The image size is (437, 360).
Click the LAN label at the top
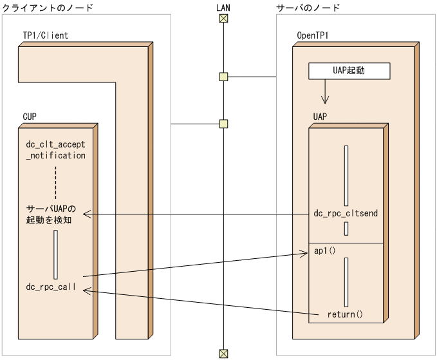[x=223, y=7]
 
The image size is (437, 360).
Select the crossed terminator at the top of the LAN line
[x=223, y=18]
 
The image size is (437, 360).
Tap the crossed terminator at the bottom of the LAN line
[x=223, y=353]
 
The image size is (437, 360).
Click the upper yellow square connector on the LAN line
[x=223, y=77]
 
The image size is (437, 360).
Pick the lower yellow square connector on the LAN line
[x=223, y=123]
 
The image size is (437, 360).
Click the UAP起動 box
[x=349, y=71]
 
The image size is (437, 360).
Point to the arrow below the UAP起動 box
[x=326, y=93]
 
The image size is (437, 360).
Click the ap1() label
[x=325, y=251]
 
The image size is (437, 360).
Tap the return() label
[x=345, y=314]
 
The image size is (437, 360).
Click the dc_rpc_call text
[x=51, y=287]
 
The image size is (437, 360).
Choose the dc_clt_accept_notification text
[x=55, y=150]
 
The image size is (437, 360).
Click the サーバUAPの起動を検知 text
[x=51, y=214]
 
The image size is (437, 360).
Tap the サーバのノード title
[x=308, y=7]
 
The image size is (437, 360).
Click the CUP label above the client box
[x=30, y=117]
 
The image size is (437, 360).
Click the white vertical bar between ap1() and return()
[x=346, y=282]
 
